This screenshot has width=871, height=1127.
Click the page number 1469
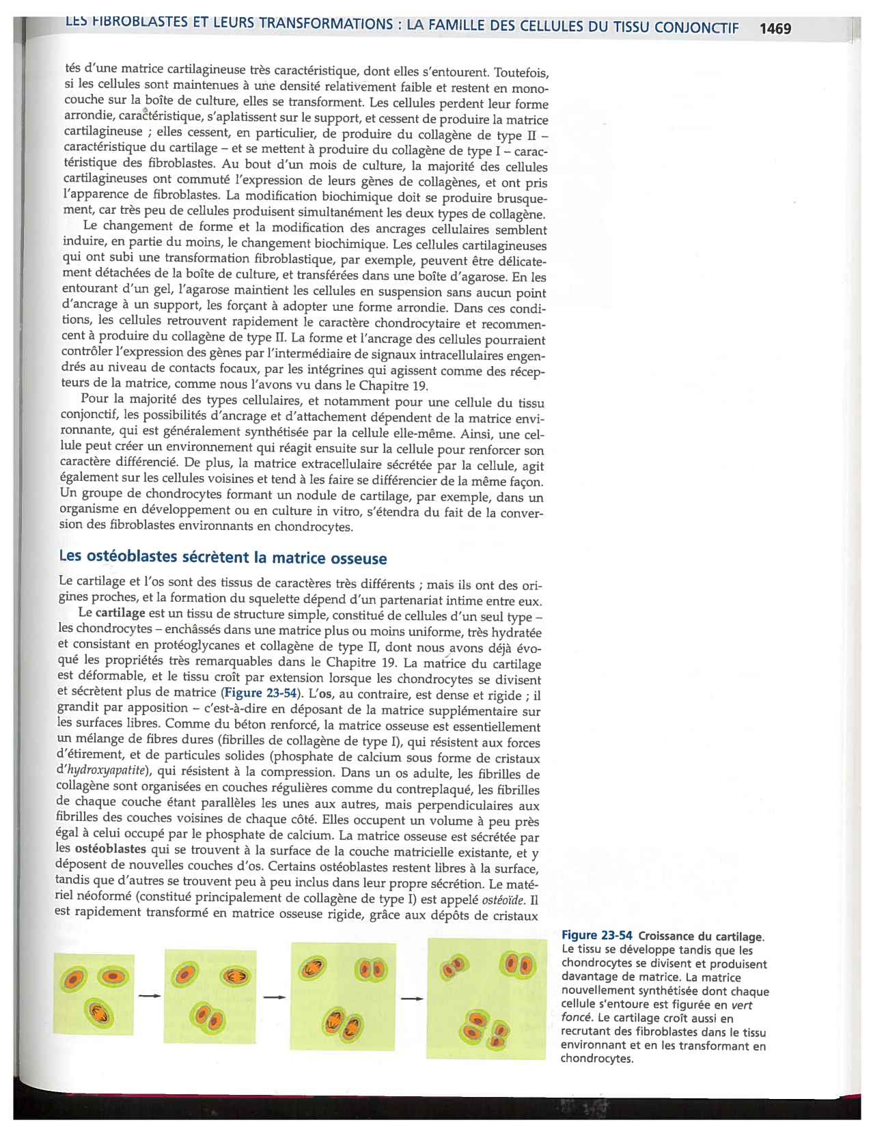pyautogui.click(x=775, y=29)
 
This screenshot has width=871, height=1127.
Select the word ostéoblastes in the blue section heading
pyautogui.click(x=132, y=557)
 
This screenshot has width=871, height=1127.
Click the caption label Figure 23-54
pyautogui.click(x=596, y=936)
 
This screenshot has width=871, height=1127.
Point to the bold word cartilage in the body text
pyautogui.click(x=120, y=613)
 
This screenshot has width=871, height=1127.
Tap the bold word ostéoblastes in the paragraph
pyautogui.click(x=110, y=849)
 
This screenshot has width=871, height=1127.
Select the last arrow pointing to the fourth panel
pyautogui.click(x=411, y=999)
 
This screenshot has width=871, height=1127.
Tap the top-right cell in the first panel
pyautogui.click(x=113, y=977)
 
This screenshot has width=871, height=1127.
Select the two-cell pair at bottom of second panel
pyautogui.click(x=208, y=1016)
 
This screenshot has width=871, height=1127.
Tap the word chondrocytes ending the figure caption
pyautogui.click(x=596, y=1059)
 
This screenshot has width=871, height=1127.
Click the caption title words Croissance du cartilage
pyautogui.click(x=701, y=936)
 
